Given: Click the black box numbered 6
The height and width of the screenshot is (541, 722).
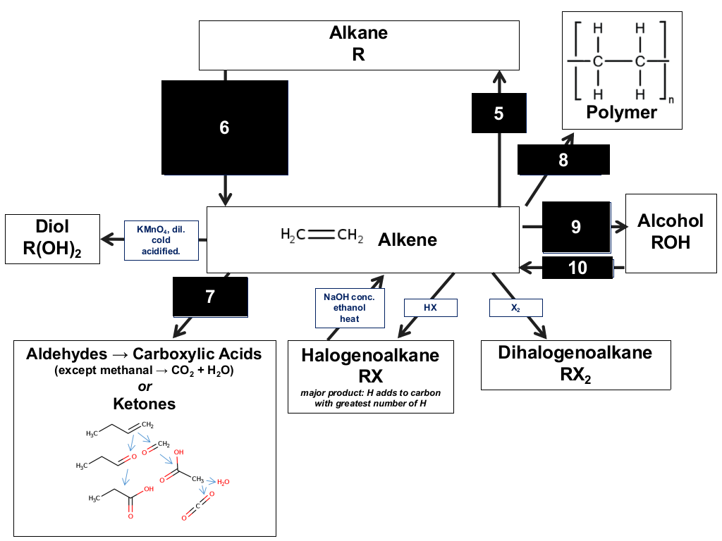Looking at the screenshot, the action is click(x=225, y=128).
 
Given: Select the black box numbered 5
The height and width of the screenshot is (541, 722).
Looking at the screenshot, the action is click(x=498, y=113).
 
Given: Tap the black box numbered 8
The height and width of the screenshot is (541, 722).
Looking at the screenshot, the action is click(x=563, y=160).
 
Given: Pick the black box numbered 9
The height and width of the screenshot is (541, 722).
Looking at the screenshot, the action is click(x=576, y=228).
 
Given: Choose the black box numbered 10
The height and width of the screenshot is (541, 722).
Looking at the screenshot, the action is click(x=577, y=268).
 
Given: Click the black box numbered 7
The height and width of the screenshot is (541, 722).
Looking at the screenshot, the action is click(x=210, y=297).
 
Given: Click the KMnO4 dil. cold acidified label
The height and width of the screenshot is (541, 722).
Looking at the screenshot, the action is click(x=161, y=240).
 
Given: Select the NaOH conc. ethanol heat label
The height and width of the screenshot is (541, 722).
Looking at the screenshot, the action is click(x=350, y=308).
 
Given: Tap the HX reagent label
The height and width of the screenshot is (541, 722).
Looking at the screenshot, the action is click(x=431, y=308).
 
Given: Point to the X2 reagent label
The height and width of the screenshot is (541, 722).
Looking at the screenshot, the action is click(x=515, y=308).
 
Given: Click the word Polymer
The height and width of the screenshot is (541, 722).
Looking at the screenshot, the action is click(x=621, y=112).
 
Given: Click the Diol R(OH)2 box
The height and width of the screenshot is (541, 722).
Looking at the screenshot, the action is click(x=52, y=239).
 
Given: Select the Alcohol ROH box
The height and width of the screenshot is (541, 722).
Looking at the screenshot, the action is click(x=671, y=233).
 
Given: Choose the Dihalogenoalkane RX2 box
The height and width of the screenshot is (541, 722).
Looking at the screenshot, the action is click(x=575, y=365).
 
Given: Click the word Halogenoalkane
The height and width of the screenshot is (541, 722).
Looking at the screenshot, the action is click(x=370, y=355).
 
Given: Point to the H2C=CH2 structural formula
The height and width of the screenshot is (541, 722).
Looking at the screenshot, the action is click(x=322, y=235).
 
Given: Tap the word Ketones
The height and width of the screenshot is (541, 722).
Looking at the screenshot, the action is click(x=145, y=404).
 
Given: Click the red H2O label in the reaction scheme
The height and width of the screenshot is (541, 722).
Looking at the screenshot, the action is click(x=224, y=482).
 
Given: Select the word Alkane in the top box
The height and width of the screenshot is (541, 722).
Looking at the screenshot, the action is click(x=359, y=32).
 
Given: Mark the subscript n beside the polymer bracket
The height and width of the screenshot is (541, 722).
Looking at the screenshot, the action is click(x=671, y=99).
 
